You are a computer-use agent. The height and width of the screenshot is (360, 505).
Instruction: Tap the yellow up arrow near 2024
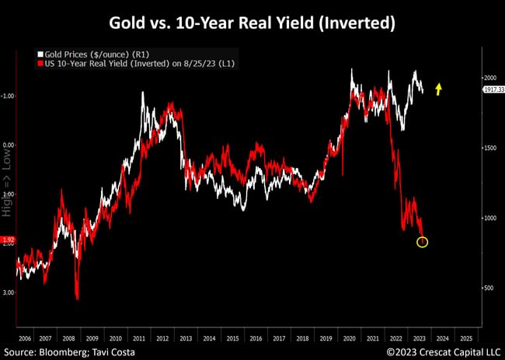point(438,89)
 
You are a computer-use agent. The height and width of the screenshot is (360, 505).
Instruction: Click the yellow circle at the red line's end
point(422,242)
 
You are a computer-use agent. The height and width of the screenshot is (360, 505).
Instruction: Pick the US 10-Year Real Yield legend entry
point(117,62)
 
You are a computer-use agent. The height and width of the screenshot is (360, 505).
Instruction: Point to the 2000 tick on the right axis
point(490,78)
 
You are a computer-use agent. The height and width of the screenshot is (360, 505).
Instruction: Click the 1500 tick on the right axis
point(490,147)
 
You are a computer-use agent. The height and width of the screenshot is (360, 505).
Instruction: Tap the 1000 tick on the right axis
point(490,218)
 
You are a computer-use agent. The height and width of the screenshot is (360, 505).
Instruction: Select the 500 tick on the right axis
point(490,288)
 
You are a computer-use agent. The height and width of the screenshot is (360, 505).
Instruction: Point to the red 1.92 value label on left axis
point(7,240)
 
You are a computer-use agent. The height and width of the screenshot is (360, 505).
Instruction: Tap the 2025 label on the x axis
point(465,339)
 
